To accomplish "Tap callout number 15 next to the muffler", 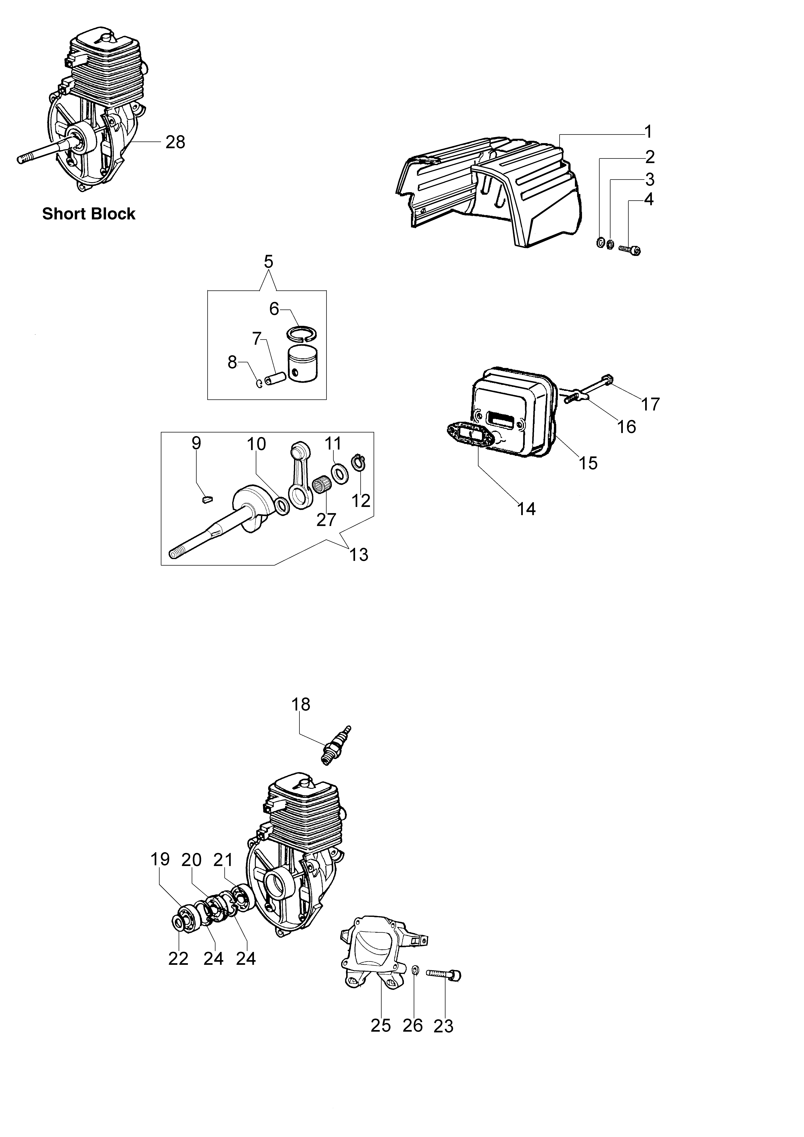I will coord(588,463).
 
